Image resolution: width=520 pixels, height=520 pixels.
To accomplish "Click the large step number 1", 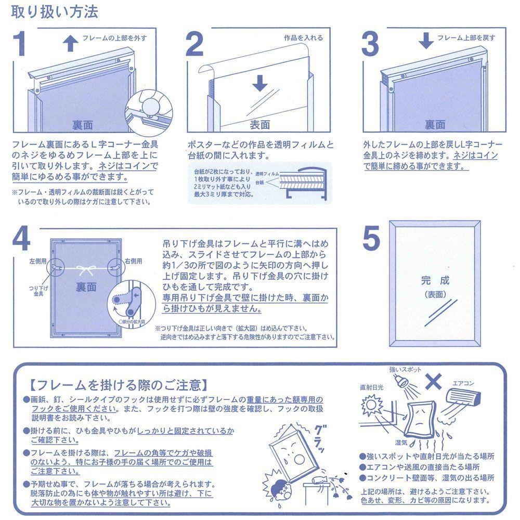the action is click(24, 45).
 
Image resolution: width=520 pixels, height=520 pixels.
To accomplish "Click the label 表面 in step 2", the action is click(260, 125).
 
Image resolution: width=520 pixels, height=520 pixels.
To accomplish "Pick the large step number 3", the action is click(370, 45).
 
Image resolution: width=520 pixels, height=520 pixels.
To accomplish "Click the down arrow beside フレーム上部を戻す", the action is click(426, 41).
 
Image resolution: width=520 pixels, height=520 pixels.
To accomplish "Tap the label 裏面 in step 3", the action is click(435, 125).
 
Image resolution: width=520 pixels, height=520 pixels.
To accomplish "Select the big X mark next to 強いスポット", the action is click(433, 382).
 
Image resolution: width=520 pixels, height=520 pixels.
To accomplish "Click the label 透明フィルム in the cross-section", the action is click(268, 173).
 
